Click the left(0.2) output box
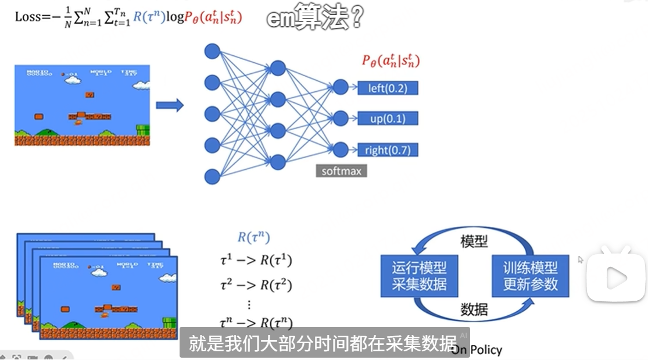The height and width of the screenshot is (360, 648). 388,88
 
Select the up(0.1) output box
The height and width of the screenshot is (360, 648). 388,119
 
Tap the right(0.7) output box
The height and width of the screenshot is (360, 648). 388,150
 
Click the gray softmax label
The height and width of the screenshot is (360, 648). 341,172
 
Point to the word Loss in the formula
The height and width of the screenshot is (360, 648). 27,17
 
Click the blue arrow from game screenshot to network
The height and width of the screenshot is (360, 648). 170,105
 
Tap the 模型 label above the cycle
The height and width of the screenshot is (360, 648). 474,241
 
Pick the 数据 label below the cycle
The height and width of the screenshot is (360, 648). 474,309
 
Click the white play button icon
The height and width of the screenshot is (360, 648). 615,278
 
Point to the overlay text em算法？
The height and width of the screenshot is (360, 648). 314,17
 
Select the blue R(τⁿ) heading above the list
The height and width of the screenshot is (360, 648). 254,237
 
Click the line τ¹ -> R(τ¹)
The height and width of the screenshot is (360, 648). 256,261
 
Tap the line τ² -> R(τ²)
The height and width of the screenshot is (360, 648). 256,285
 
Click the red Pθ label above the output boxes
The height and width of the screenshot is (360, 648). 391,61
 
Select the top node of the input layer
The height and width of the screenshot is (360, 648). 212,51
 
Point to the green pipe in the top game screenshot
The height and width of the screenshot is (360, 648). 143,131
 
